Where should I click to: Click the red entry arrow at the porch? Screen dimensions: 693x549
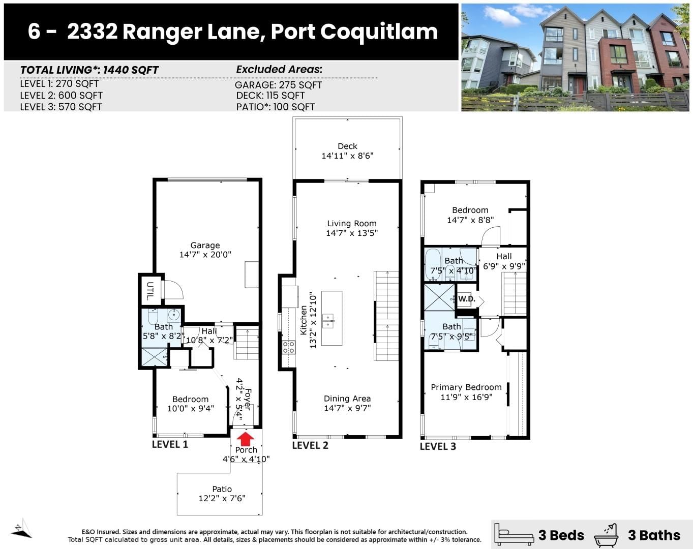(246, 439)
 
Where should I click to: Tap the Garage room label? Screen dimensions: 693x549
(205, 246)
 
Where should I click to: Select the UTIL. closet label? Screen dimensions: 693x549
(150, 291)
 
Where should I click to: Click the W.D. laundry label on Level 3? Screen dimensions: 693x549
(467, 299)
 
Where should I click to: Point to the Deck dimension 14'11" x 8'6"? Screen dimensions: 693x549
(347, 156)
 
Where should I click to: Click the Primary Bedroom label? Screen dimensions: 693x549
(466, 387)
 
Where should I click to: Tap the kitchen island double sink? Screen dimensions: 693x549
(328, 321)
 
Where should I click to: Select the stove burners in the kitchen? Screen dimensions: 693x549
(288, 347)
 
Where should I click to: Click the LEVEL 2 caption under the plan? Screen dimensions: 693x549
(310, 445)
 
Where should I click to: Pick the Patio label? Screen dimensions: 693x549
(222, 489)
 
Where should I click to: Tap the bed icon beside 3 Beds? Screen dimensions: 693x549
(514, 535)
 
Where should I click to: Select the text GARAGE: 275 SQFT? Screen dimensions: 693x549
(278, 85)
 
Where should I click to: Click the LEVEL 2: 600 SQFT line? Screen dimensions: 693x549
(61, 95)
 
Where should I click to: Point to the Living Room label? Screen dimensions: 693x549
(352, 224)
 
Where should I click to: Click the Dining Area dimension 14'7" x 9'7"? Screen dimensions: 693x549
(347, 408)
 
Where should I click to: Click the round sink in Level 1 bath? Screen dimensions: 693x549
(174, 314)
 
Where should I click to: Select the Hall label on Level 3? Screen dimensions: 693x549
(504, 256)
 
